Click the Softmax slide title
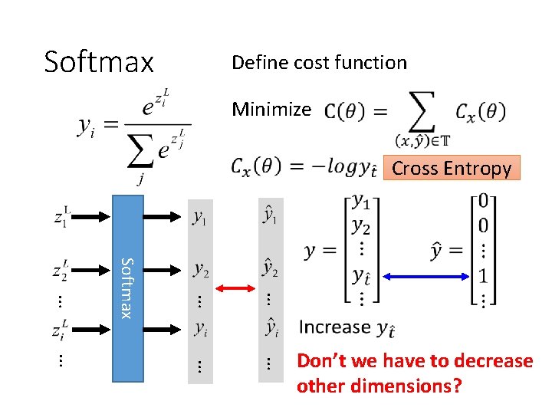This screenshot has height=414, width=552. coord(99,61)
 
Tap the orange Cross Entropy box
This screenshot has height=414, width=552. coord(451,168)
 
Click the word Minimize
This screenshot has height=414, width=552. coord(271,110)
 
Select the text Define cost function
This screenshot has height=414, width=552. coord(319,63)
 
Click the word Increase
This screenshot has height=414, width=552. coord(334,327)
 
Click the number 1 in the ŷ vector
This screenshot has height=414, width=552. coord(483,274)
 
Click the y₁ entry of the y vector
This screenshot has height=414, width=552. coord(360,202)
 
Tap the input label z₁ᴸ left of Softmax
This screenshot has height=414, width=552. coord(63,218)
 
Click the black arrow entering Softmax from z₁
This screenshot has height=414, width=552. coord(93,218)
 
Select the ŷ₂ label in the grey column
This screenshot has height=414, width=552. coord(270,268)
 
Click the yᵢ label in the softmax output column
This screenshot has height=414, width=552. coord(199,329)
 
